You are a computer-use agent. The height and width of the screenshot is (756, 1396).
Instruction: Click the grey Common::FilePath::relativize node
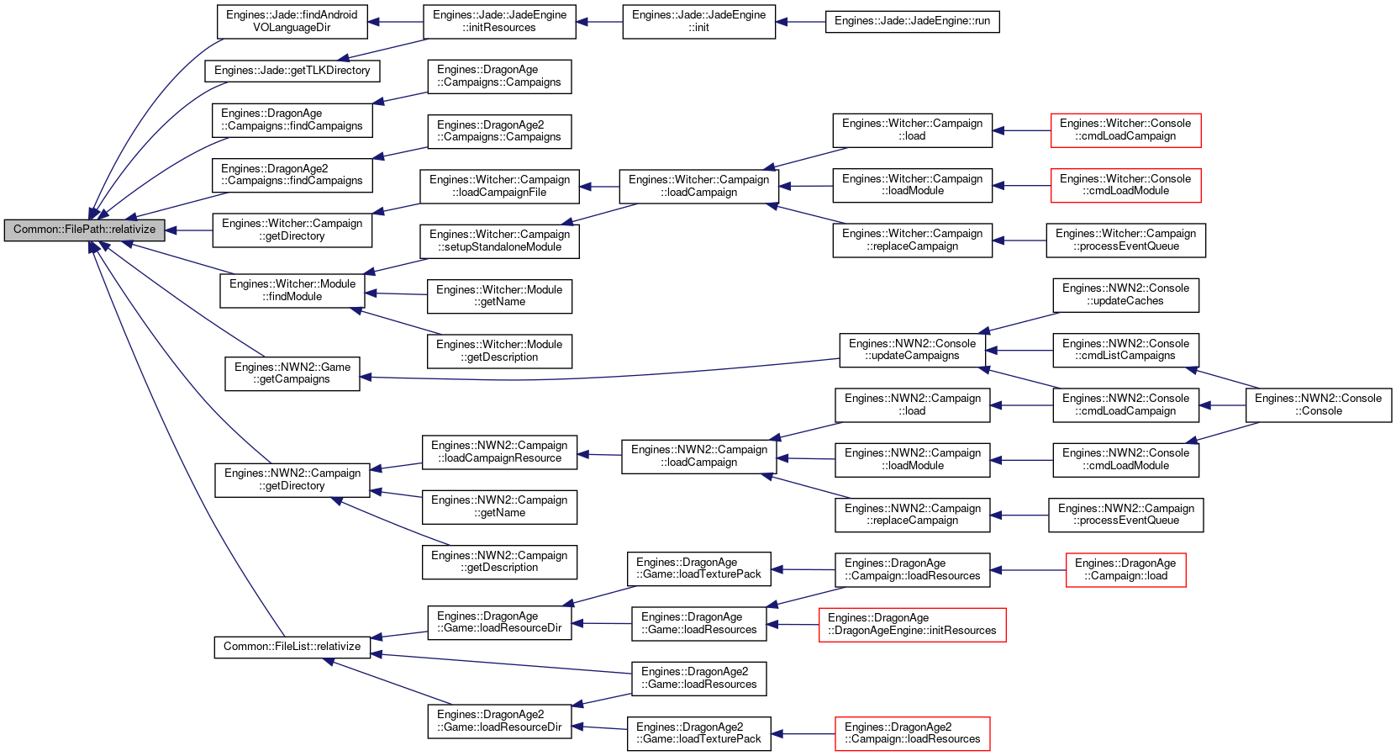click(84, 230)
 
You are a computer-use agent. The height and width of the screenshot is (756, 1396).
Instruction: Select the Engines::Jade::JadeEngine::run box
click(912, 22)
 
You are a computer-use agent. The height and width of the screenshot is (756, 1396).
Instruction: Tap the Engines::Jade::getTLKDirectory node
click(292, 71)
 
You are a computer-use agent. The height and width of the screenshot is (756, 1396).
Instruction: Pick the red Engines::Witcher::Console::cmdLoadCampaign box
click(1125, 130)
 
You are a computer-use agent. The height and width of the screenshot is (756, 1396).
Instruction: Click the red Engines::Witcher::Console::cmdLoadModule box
click(1125, 185)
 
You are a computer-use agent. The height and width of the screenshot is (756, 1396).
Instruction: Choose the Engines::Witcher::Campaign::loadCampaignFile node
click(499, 186)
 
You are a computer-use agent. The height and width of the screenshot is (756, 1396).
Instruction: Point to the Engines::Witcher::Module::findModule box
click(292, 290)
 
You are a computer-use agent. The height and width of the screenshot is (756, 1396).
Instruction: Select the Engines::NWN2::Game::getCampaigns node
click(292, 373)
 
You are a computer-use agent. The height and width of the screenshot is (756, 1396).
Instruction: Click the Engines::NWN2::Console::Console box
click(1318, 404)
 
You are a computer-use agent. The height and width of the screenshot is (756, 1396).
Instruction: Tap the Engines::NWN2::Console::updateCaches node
click(1125, 295)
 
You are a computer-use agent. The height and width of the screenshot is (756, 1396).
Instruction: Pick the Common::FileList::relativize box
click(292, 647)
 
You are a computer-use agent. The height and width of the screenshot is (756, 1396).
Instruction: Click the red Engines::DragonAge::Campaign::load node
click(1125, 569)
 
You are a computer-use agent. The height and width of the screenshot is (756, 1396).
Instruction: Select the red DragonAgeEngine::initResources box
click(912, 624)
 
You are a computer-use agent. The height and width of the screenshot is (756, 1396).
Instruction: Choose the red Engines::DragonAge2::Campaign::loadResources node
click(912, 733)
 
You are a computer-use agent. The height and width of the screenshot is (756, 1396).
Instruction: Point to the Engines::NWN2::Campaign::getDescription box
click(499, 562)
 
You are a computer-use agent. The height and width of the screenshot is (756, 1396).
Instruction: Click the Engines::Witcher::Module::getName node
click(499, 296)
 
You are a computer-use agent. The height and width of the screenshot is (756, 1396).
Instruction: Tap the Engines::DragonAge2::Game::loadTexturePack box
click(698, 733)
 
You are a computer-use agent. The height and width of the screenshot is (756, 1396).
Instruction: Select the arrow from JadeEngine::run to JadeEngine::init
click(801, 22)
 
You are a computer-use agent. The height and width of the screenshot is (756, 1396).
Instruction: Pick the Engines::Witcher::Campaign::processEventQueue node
click(1125, 241)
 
